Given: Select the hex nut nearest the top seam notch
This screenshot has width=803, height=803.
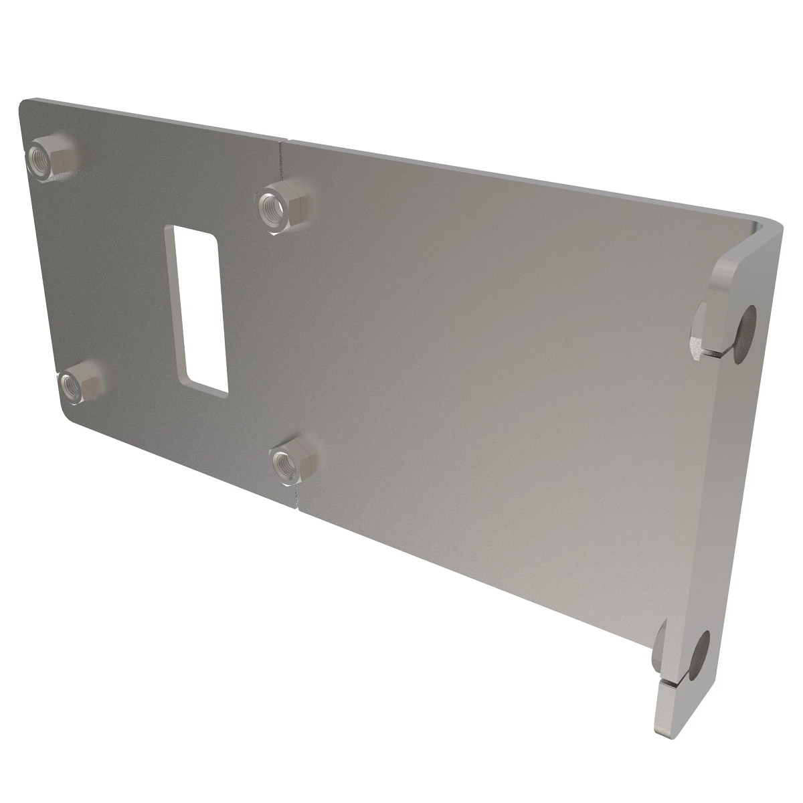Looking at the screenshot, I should pyautogui.click(x=279, y=205).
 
